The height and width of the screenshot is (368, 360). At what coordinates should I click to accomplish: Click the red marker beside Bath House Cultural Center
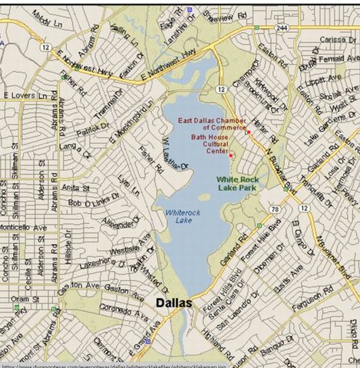(231, 156)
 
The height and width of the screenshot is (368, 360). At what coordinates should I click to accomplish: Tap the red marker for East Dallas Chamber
(249, 132)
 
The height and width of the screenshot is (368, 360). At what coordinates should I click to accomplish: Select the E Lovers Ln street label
(26, 95)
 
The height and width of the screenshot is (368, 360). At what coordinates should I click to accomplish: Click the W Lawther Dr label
(174, 154)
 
